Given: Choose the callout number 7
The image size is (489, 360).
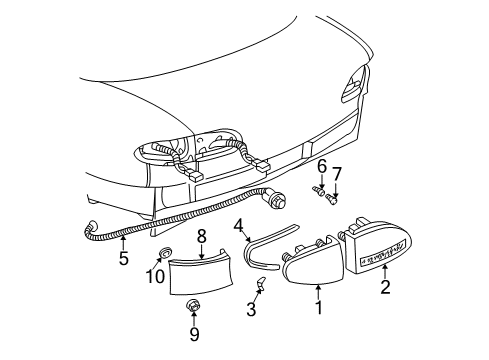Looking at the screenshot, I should [x=337, y=174].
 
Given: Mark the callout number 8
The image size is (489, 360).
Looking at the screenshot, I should [x=201, y=238].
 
